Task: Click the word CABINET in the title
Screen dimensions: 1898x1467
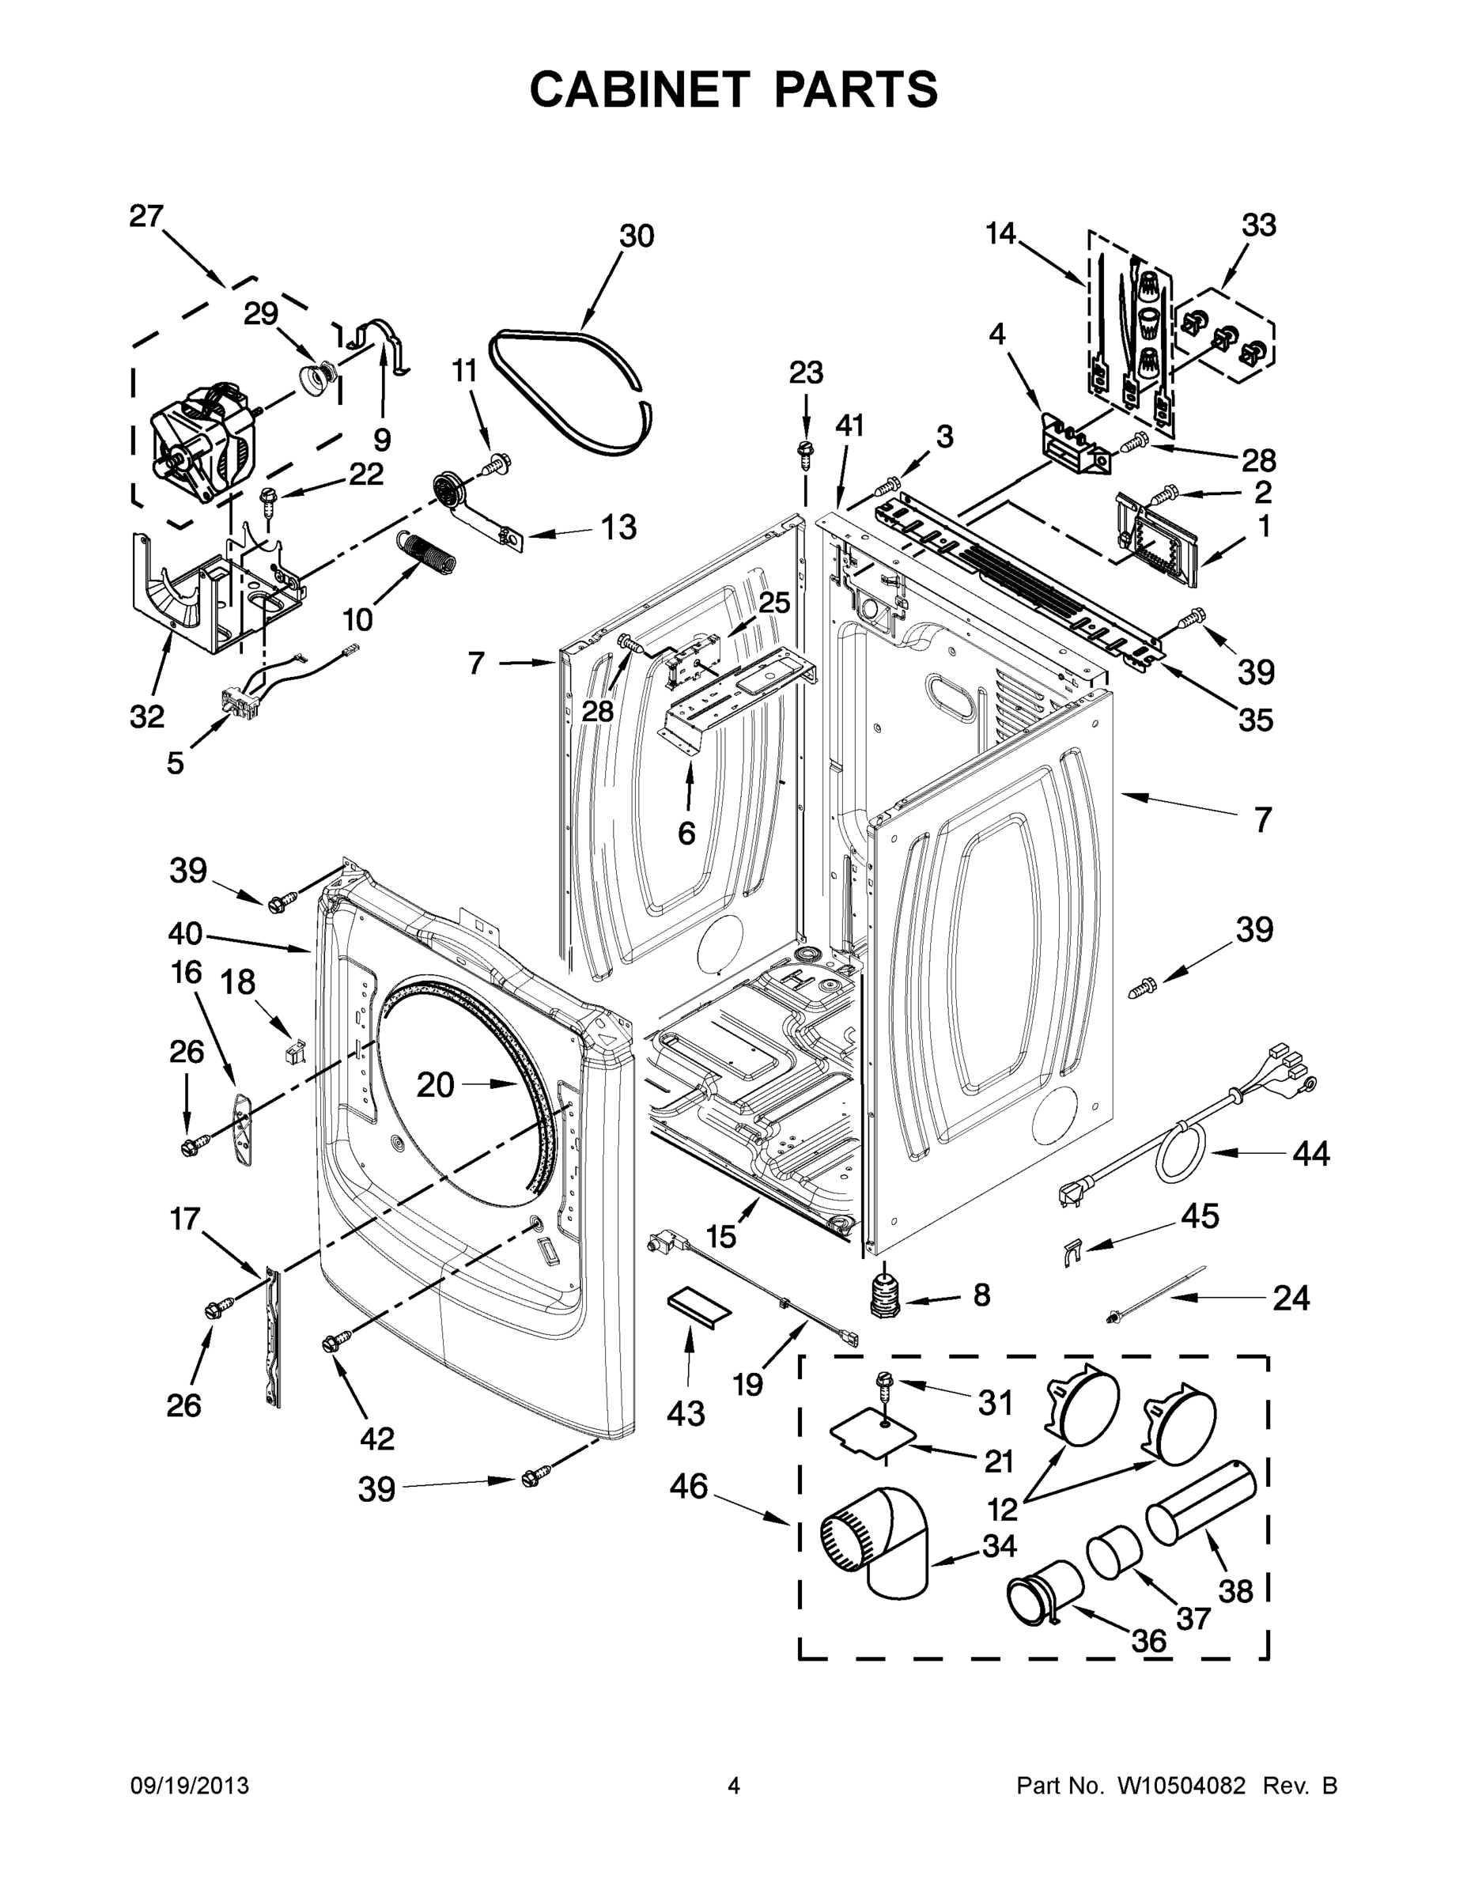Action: (x=639, y=89)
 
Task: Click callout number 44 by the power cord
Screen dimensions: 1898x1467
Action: (x=1310, y=1154)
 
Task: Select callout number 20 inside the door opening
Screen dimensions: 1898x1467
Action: (x=434, y=1083)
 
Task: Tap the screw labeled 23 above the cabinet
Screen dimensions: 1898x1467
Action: (x=805, y=451)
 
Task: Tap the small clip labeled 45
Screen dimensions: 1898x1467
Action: (x=1072, y=1253)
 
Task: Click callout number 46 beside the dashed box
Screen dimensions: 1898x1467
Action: (x=689, y=1486)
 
